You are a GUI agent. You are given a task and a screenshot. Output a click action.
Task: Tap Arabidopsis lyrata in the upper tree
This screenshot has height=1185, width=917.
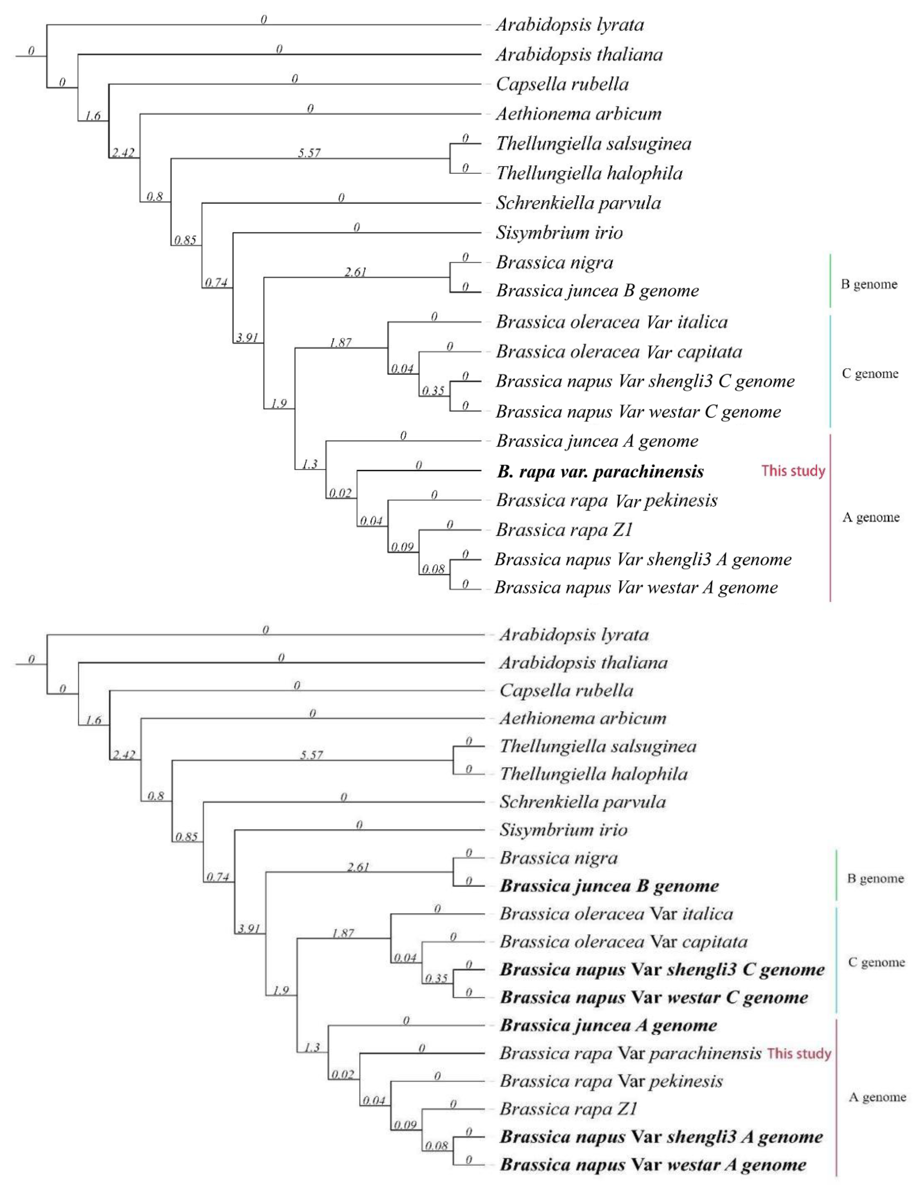[x=570, y=25]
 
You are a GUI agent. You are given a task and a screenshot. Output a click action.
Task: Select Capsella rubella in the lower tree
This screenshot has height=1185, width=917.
[x=566, y=690]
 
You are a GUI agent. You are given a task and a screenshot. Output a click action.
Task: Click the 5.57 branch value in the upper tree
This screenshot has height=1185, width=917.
[x=309, y=153]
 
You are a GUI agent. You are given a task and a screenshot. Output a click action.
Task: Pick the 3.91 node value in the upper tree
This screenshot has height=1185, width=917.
[x=247, y=337]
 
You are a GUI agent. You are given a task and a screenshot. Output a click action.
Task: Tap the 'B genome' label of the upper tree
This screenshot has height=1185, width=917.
[x=869, y=284]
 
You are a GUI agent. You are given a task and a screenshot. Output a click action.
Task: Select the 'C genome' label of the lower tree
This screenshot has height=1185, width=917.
[x=876, y=963]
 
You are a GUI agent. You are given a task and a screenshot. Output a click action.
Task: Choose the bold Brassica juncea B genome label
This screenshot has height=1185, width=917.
[x=609, y=886]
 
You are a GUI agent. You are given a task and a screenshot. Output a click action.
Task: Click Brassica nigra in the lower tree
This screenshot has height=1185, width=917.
[x=558, y=858]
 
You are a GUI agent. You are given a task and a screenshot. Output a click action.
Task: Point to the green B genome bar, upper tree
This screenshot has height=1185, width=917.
[x=830, y=280]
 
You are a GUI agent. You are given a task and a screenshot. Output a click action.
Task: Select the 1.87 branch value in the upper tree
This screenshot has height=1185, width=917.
[x=340, y=342]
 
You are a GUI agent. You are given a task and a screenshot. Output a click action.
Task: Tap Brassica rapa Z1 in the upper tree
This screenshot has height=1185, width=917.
[x=564, y=530]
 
